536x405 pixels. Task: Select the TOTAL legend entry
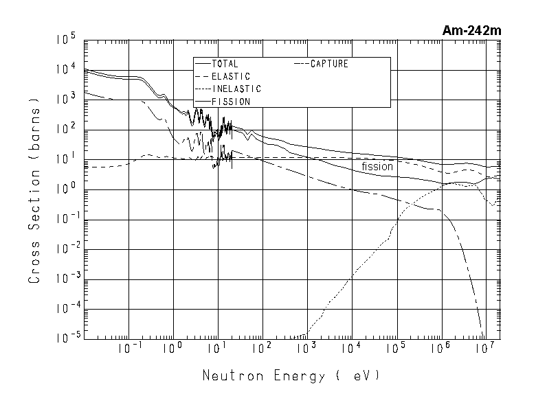pos(225,64)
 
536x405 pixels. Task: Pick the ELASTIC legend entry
pos(231,76)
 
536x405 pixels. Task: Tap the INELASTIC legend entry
pos(236,89)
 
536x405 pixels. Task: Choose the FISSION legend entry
pos(231,101)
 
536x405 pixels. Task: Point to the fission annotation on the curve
pos(377,166)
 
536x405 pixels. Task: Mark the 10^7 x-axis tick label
pos(486,349)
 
